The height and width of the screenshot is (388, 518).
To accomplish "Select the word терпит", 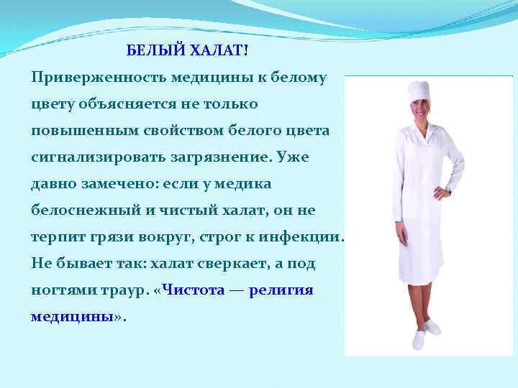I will coord(54,237).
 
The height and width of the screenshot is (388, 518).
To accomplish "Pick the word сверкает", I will coord(222,264).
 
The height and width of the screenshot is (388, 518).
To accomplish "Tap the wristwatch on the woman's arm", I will coord(448,193).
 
